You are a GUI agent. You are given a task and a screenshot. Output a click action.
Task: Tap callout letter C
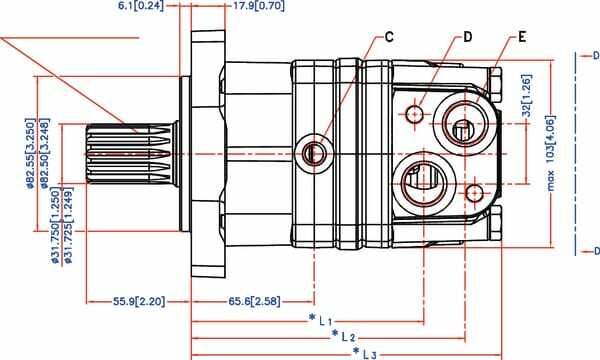coord(389,38)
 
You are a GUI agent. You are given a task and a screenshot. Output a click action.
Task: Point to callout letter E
coord(522,38)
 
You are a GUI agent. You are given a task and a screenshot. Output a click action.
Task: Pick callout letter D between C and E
coord(466,38)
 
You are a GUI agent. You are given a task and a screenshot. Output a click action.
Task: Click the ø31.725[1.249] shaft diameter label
coord(68,225)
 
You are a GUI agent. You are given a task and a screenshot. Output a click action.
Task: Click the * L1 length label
coord(319,321)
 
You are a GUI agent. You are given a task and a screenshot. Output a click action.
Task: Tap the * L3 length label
coord(365,353)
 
